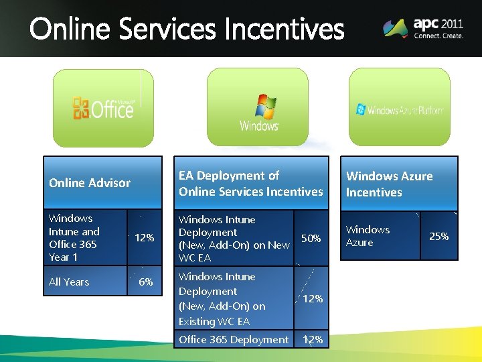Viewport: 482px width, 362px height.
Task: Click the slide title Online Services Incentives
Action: (187, 29)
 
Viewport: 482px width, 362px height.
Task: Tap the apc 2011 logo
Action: (423, 27)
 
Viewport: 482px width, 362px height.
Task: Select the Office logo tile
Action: (104, 107)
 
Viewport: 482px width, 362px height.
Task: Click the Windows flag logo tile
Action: (258, 107)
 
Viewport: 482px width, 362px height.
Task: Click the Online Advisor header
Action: (90, 183)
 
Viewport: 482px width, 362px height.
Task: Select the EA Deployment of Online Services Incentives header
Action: (250, 184)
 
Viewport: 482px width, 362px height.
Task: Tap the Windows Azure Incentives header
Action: (389, 184)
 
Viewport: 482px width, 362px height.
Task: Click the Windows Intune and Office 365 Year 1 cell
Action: (74, 237)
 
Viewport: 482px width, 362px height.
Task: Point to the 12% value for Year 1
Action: (145, 238)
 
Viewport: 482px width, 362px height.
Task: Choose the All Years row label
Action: (69, 282)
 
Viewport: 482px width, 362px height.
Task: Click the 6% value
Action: (145, 282)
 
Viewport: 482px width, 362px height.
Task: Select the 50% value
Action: (311, 238)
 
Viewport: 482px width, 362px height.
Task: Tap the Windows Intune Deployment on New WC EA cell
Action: (234, 238)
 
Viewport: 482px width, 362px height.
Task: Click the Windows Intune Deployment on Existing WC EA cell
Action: (222, 298)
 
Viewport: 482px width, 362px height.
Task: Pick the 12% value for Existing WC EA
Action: (313, 298)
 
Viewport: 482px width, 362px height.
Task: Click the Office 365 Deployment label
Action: (234, 339)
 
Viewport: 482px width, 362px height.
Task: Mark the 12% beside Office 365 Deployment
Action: (313, 339)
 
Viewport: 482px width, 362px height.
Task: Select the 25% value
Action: (438, 236)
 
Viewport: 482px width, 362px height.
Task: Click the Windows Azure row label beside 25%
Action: (368, 236)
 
